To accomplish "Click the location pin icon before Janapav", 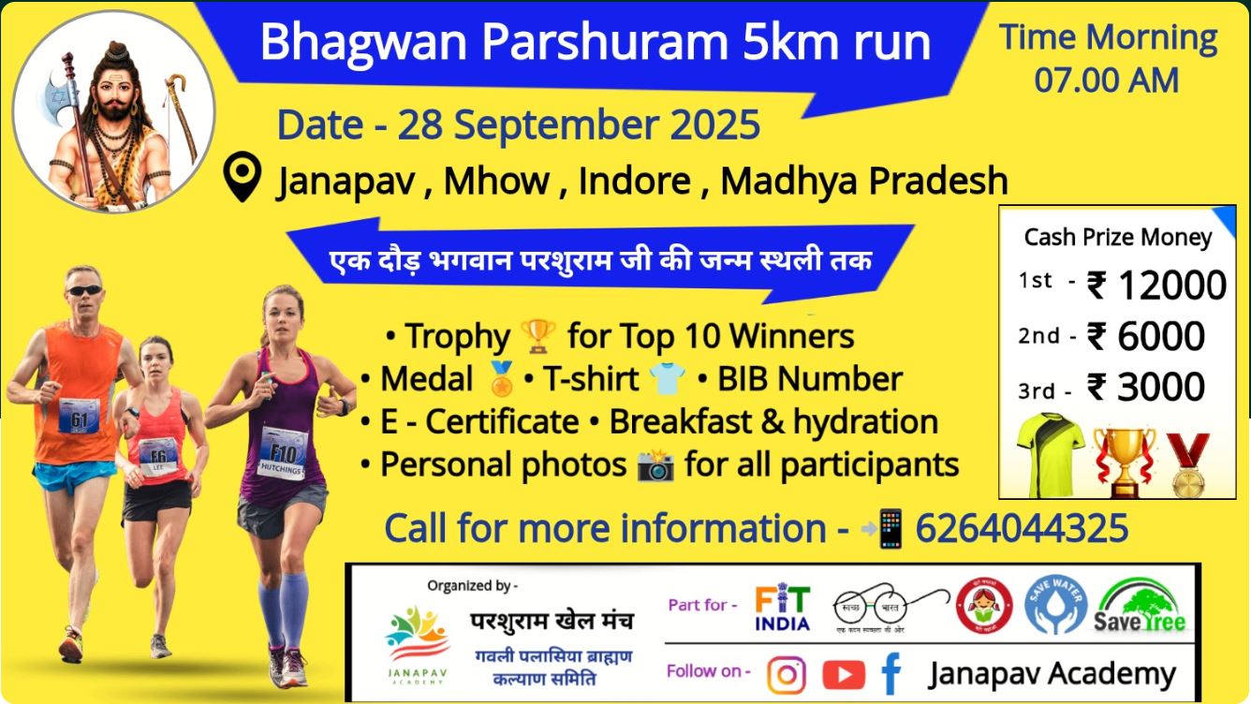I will (243, 178).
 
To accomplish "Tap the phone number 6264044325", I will (1022, 529).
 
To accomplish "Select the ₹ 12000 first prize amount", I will (1156, 286).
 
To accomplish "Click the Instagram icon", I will (787, 673).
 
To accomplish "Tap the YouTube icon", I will (843, 673).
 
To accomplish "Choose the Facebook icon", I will (890, 673).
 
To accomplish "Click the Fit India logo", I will (783, 609).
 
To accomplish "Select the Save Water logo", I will (1055, 606).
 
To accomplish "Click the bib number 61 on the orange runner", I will (79, 417).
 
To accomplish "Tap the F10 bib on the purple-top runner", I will (283, 454).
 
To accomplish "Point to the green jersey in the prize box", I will (1050, 454).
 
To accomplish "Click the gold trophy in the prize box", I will (1124, 459).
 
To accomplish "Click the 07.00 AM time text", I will (1106, 81).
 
